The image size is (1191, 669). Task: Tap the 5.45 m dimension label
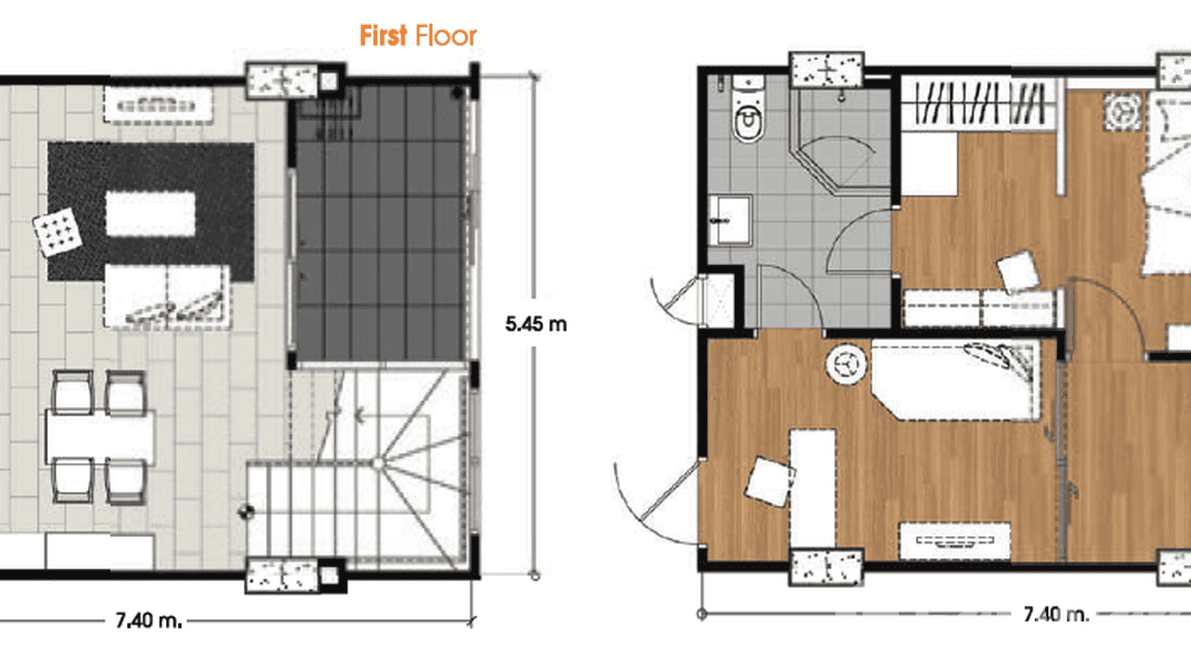coord(535,324)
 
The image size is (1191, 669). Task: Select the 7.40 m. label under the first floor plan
coord(148,620)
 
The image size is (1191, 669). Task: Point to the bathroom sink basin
coord(730,219)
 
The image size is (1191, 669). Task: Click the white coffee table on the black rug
coord(150,215)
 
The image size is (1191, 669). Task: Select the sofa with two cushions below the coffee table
coord(167,296)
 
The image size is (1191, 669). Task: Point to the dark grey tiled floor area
coord(380,222)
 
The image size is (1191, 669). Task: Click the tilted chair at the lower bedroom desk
coord(768,482)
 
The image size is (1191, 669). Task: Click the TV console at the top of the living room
coord(159,105)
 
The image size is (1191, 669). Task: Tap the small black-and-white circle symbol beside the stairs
coord(246,511)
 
